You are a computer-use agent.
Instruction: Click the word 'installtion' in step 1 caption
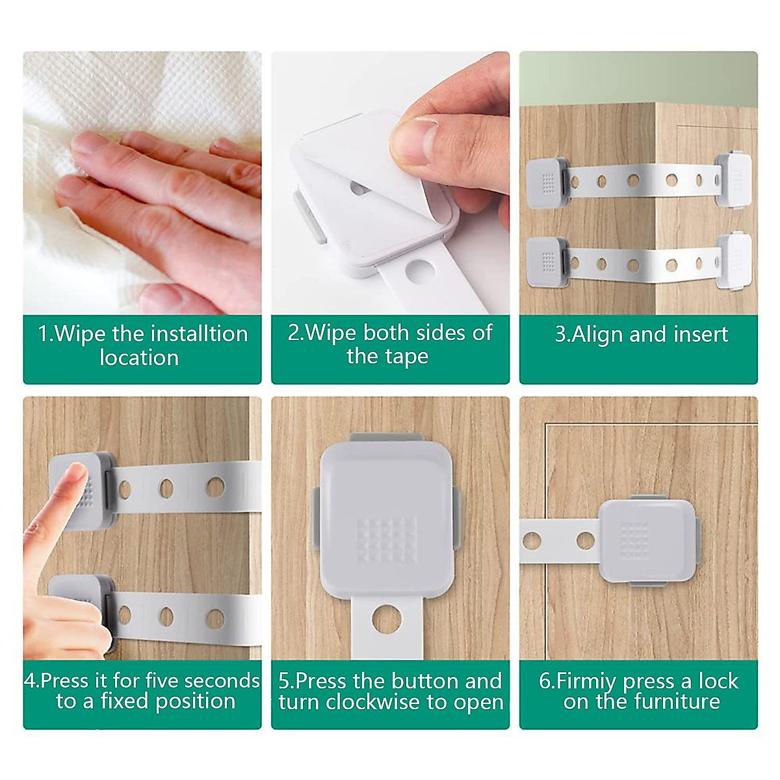tap(198, 333)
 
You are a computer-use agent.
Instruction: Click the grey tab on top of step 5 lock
tap(389, 438)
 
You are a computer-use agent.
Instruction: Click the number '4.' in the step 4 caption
tap(31, 681)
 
